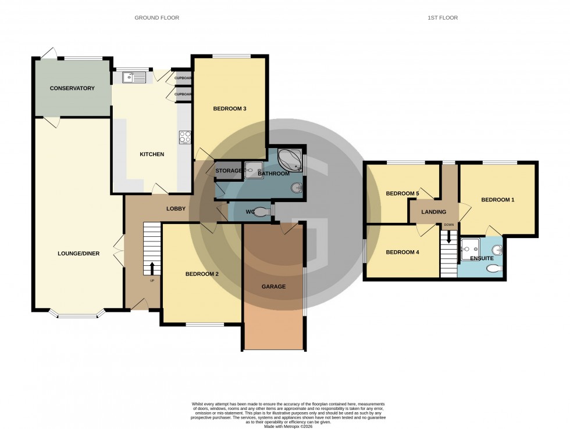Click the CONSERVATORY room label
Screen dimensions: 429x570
click(x=72, y=88)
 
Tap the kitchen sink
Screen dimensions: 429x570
click(x=134, y=77)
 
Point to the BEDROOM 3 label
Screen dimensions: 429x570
click(x=230, y=109)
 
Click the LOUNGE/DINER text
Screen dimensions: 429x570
click(x=77, y=253)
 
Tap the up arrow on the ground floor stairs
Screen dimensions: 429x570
click(x=152, y=268)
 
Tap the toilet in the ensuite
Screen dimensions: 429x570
click(x=493, y=268)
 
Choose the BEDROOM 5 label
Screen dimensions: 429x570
click(x=402, y=194)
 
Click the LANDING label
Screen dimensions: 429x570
click(x=434, y=212)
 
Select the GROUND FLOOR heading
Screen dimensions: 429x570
click(x=157, y=18)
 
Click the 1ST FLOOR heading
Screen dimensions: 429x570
click(x=443, y=18)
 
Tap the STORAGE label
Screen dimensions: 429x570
click(x=229, y=171)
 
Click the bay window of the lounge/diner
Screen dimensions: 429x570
click(x=77, y=315)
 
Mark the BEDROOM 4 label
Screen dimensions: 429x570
click(x=402, y=253)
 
